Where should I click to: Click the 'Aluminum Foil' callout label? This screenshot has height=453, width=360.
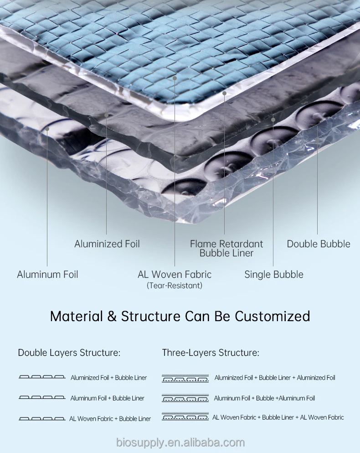(x=47, y=275)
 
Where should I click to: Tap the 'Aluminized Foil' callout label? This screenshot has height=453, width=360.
(x=107, y=244)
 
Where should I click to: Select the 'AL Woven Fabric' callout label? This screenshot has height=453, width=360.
(x=175, y=275)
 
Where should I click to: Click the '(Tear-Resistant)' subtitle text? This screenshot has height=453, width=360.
(x=175, y=286)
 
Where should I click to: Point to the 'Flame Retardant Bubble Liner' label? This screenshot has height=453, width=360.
(x=226, y=249)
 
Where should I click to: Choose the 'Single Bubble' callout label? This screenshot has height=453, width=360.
(x=274, y=275)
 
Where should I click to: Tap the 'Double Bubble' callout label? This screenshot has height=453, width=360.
(x=319, y=244)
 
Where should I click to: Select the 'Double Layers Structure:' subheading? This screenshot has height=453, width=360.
(x=69, y=353)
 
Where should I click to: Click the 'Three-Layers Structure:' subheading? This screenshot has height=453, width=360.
(x=211, y=353)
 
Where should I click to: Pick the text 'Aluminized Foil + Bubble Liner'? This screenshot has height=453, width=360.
(x=109, y=378)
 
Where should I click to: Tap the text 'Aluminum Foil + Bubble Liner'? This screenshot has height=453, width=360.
(x=108, y=398)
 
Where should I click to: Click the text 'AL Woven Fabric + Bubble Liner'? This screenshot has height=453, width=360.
(x=110, y=419)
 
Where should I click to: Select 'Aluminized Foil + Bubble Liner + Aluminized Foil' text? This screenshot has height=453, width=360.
(x=275, y=378)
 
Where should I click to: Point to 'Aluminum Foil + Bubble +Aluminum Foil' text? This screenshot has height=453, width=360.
(x=264, y=398)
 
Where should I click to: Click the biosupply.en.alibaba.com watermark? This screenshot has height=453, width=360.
(x=180, y=443)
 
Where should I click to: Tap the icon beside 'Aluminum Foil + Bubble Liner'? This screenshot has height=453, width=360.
(x=42, y=398)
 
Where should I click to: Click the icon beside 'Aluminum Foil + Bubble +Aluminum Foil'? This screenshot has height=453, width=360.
(x=185, y=398)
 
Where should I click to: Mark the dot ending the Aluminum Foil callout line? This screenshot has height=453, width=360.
(x=47, y=129)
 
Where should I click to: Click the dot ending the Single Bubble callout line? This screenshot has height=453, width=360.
(x=273, y=120)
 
